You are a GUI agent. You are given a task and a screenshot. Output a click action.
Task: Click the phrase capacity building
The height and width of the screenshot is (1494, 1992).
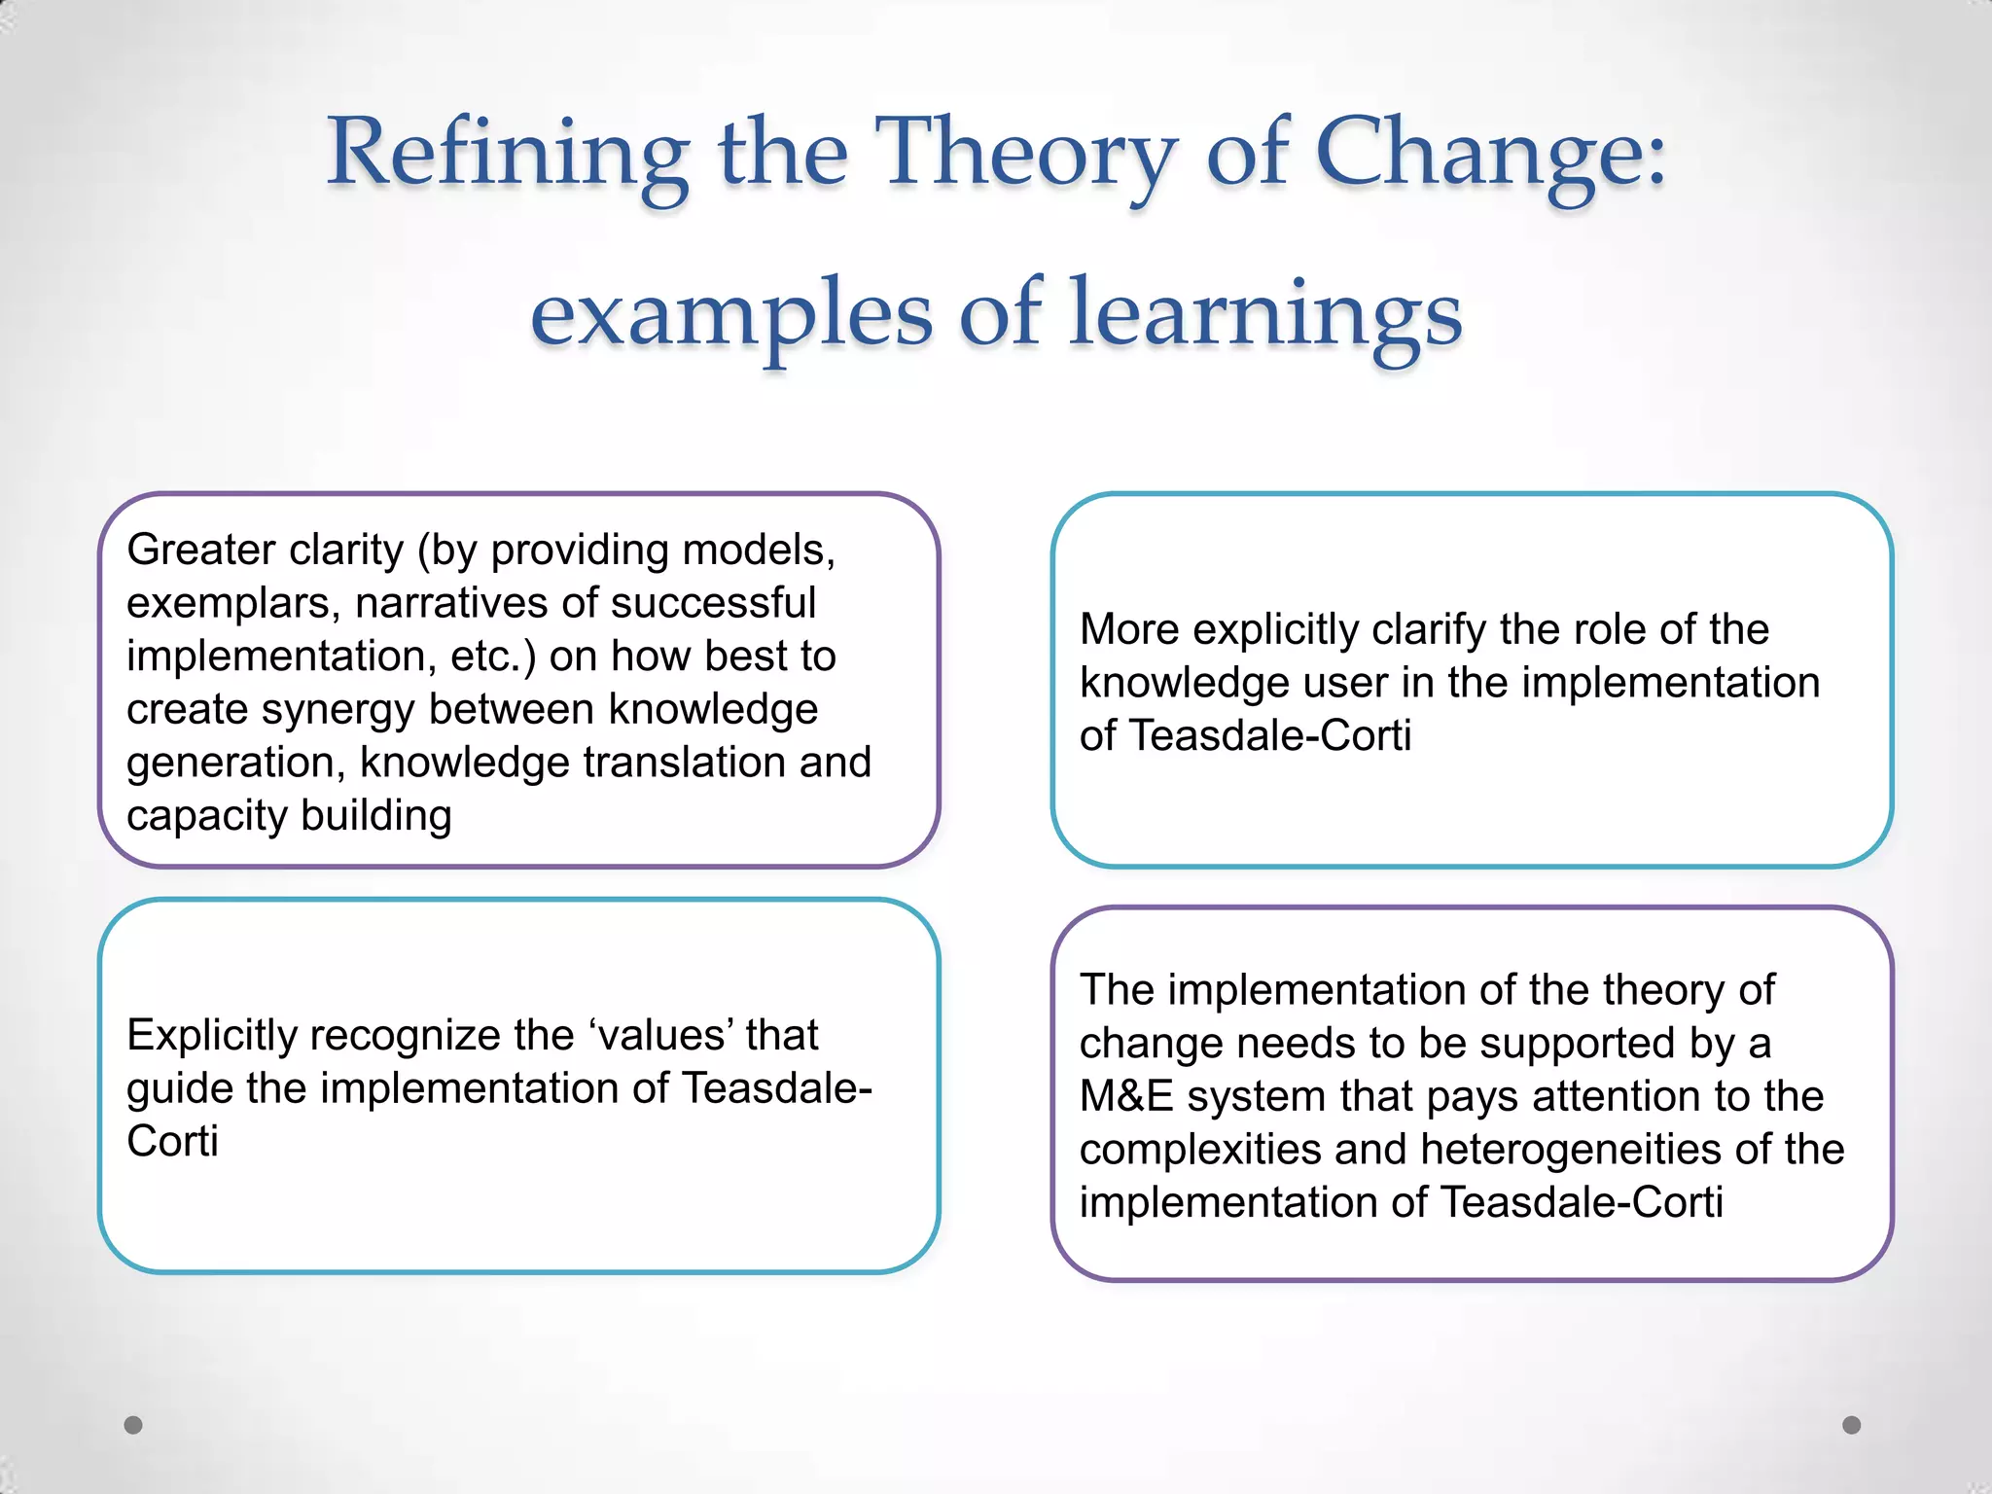coord(289,816)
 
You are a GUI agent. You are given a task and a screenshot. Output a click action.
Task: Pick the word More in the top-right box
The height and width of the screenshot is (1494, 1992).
coord(1129,630)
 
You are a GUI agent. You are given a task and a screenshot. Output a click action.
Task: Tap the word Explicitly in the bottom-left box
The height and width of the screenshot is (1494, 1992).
coord(211,1036)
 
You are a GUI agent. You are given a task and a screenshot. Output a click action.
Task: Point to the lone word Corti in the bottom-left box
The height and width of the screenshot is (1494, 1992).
coord(172,1142)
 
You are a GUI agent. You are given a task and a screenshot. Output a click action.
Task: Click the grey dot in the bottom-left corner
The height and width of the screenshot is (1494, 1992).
coord(133,1425)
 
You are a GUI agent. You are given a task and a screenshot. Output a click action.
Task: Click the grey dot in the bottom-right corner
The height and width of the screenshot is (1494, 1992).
coord(1852,1425)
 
